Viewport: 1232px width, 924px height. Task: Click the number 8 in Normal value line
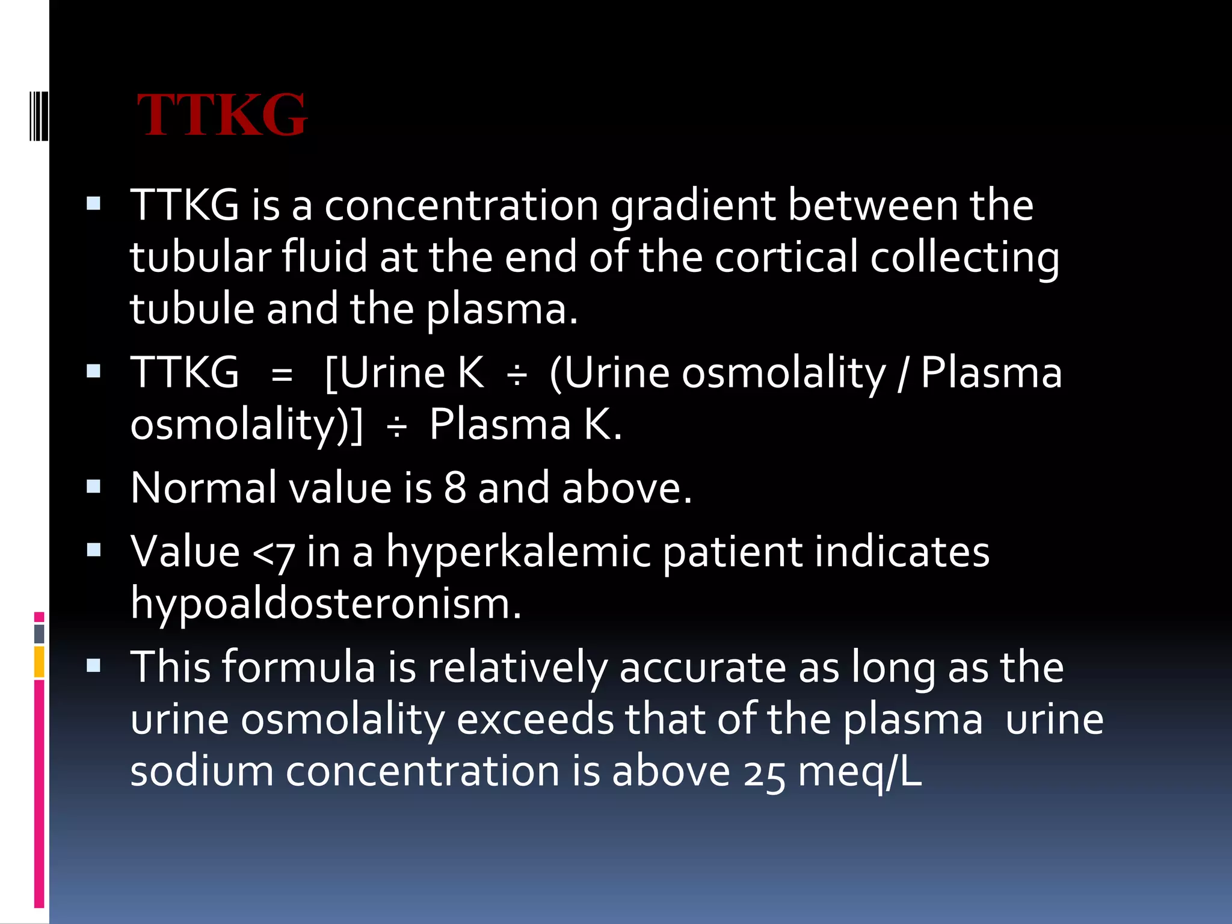pos(455,487)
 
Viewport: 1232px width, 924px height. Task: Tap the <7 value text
pos(274,552)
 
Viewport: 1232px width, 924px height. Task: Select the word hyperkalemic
pos(519,552)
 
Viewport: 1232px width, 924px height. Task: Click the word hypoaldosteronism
pos(325,603)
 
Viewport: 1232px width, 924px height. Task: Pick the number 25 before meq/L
pos(763,773)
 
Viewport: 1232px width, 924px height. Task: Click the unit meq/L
pos(860,773)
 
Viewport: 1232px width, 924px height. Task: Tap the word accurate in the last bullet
pos(702,668)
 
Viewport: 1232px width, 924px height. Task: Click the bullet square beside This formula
pos(93,665)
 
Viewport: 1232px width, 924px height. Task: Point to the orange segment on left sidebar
pos(39,662)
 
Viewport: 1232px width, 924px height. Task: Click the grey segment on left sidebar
pos(39,633)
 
